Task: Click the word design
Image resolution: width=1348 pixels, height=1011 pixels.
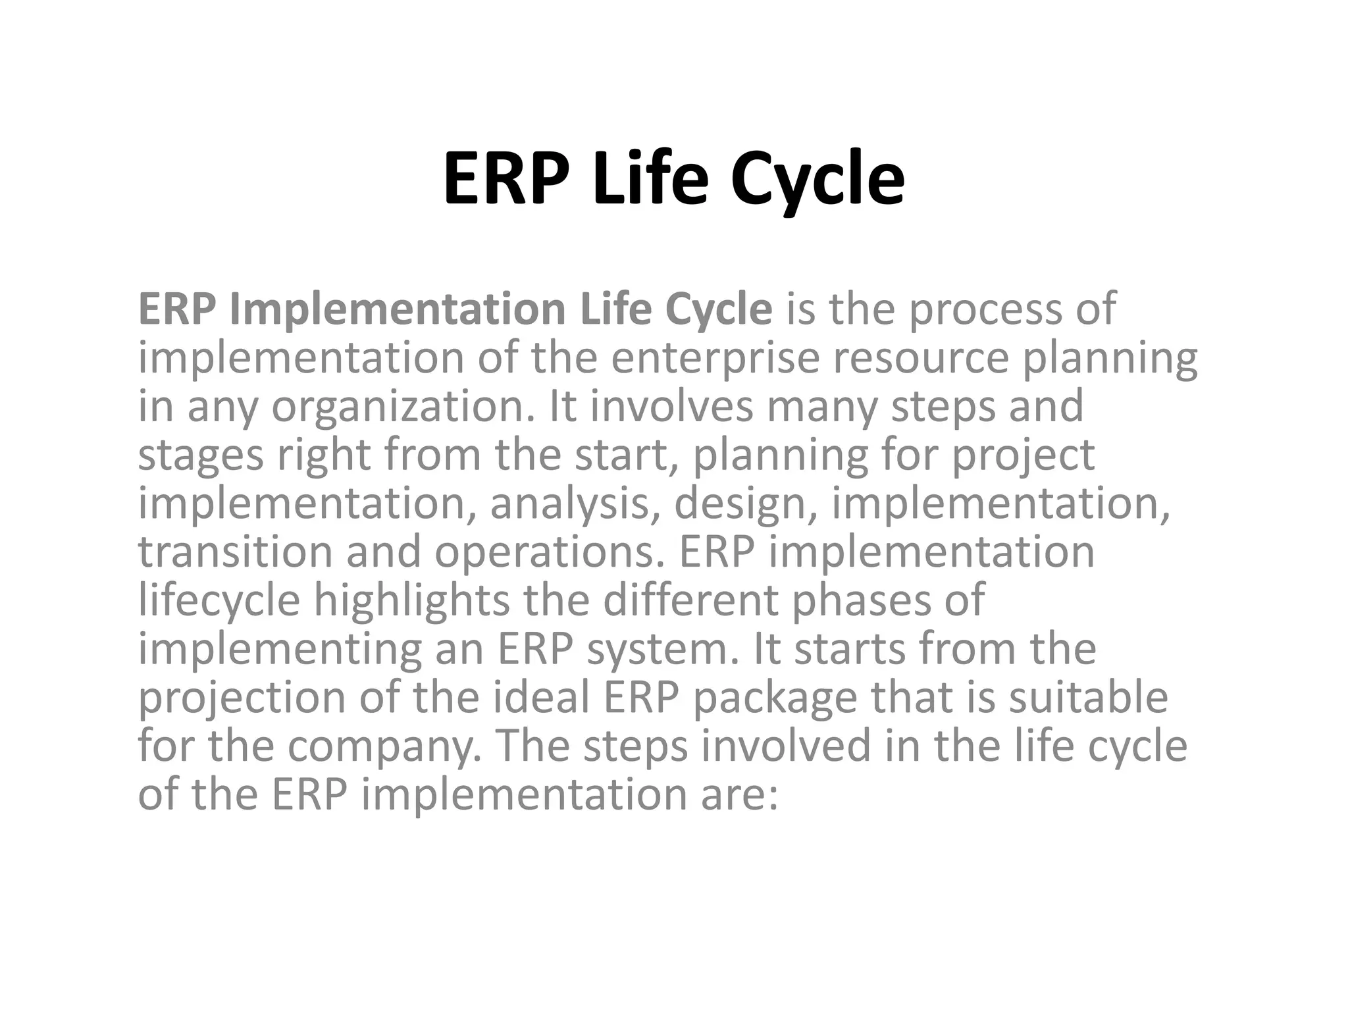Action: pos(746,504)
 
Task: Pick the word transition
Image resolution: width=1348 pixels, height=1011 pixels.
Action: pos(235,552)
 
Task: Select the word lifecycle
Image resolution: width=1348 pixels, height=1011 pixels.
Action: pos(219,600)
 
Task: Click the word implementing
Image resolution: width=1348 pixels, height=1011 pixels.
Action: pos(280,649)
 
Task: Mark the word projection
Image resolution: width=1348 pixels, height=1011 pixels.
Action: pos(241,698)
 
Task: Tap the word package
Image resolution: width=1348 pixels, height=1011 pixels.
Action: pos(775,698)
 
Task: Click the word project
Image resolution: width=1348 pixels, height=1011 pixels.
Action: pos(1024,455)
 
